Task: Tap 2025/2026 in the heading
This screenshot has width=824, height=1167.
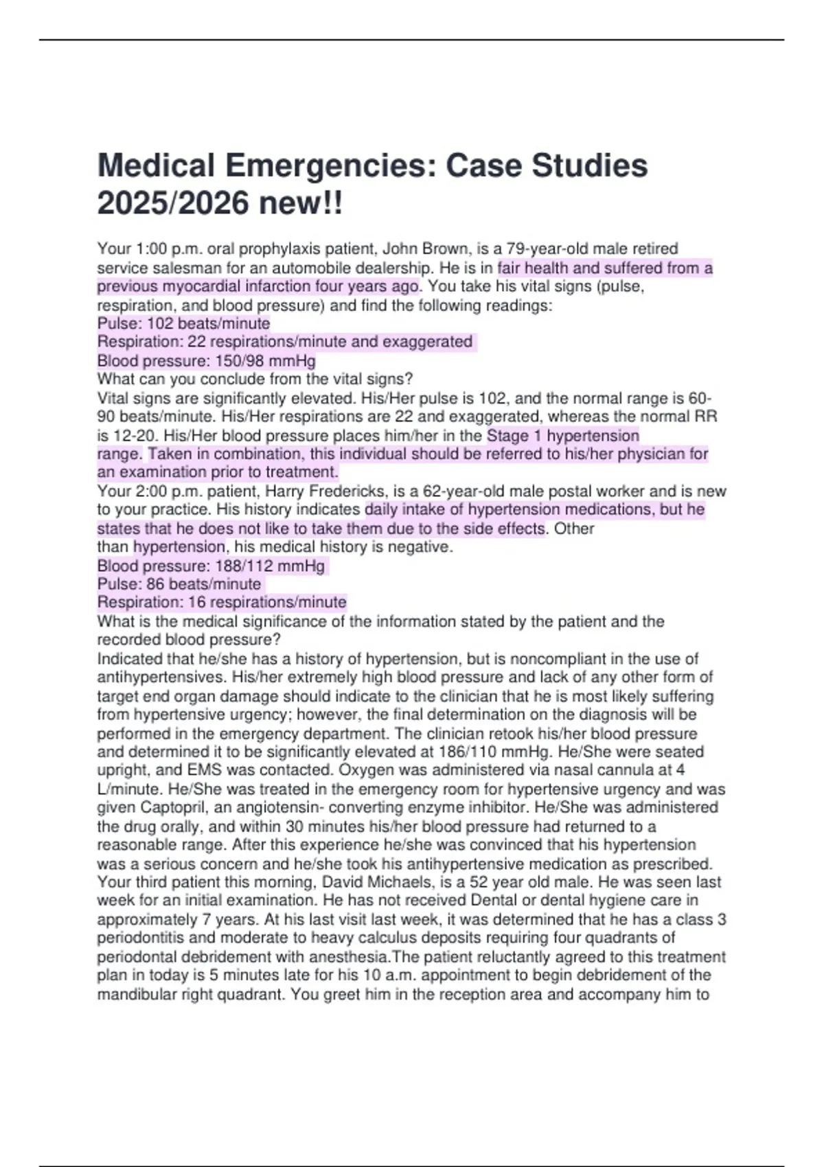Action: [173, 203]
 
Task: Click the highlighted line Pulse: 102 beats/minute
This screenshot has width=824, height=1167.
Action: [183, 323]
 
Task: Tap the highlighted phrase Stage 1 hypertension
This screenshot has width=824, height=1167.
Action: [563, 436]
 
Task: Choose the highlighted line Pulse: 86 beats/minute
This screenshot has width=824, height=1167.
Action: [179, 584]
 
